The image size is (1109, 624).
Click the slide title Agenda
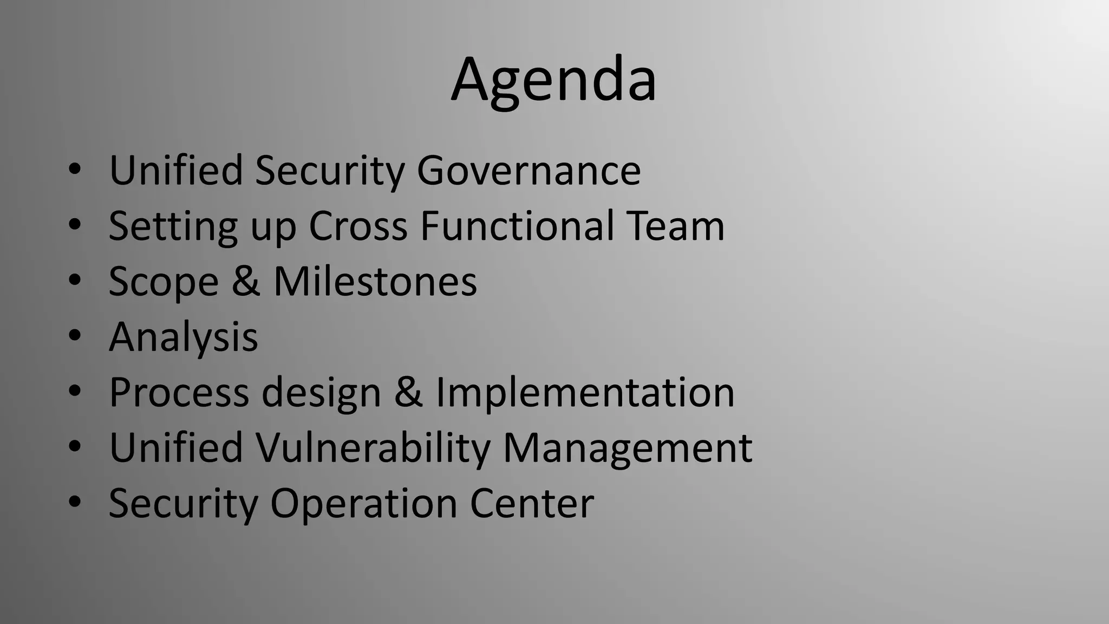pyautogui.click(x=553, y=80)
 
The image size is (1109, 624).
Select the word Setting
pyautogui.click(x=173, y=226)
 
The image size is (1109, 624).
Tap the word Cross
pyautogui.click(x=357, y=226)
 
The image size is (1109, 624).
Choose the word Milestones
pyautogui.click(x=375, y=282)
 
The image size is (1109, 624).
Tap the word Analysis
pyautogui.click(x=183, y=337)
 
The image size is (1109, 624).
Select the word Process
pyautogui.click(x=179, y=392)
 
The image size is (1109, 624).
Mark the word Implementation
pyautogui.click(x=585, y=392)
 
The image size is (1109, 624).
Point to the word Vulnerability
pyautogui.click(x=373, y=448)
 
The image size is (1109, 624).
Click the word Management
pyautogui.click(x=627, y=448)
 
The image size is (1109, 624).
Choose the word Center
pyautogui.click(x=531, y=504)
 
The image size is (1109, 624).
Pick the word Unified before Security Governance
pyautogui.click(x=175, y=171)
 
